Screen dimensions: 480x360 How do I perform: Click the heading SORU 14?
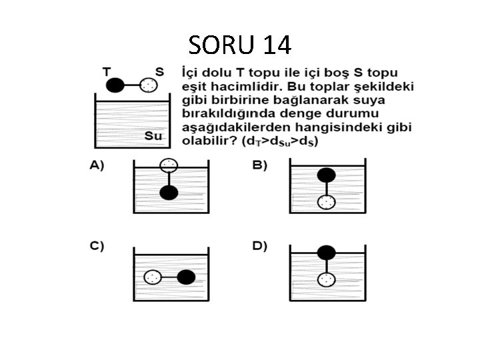[240, 45]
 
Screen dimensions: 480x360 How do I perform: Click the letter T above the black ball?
[107, 71]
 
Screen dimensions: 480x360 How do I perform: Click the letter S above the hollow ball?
[159, 71]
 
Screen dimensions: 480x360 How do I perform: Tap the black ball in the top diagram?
[116, 85]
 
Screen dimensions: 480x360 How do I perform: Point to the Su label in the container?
[154, 137]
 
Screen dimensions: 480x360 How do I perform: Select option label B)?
[259, 165]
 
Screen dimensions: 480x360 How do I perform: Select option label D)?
[259, 246]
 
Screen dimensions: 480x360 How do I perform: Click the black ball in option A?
[169, 193]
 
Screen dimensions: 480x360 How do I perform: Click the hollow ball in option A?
[169, 165]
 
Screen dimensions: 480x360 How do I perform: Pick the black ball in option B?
[326, 175]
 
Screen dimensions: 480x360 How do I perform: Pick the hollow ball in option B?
[326, 203]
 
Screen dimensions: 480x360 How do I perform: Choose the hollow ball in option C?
[153, 277]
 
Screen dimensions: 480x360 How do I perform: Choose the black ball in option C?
[187, 277]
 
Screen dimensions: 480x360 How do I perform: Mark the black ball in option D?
[326, 253]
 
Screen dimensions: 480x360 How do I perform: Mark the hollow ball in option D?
[326, 279]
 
